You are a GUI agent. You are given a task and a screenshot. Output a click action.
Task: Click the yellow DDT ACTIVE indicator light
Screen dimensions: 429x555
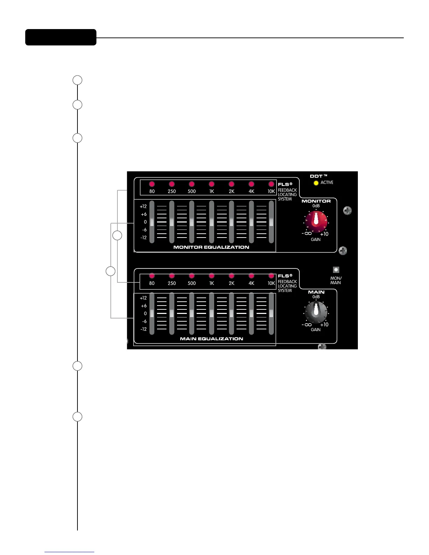coord(316,183)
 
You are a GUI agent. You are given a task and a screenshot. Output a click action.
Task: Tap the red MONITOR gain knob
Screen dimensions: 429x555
coord(316,221)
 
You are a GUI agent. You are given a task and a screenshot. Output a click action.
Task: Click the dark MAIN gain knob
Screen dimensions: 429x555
coord(316,311)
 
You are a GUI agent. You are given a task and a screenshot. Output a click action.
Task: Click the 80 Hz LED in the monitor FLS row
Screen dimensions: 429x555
coord(152,184)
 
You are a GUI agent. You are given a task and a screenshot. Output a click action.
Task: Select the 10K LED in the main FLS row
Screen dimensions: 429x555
coord(271,276)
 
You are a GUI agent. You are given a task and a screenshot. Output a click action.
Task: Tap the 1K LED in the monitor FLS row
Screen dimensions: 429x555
coord(211,184)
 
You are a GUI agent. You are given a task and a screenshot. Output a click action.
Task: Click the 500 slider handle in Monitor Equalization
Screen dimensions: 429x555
coord(192,222)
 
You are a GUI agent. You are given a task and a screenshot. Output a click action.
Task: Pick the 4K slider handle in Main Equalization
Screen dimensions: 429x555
coord(251,313)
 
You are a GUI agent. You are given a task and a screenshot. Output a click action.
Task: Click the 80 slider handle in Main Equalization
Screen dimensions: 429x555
coord(152,313)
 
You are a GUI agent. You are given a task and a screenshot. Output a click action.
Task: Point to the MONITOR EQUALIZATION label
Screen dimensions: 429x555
coord(211,247)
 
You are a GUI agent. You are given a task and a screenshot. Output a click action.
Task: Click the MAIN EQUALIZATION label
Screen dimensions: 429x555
coord(211,339)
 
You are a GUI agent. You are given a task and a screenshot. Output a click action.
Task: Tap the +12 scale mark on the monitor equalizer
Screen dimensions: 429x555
coord(143,206)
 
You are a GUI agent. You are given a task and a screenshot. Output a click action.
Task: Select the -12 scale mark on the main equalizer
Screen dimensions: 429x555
coord(143,329)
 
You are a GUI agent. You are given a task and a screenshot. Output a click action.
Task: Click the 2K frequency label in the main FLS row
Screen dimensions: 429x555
coord(231,283)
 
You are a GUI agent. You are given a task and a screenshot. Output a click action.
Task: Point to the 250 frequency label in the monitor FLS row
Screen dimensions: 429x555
coord(172,191)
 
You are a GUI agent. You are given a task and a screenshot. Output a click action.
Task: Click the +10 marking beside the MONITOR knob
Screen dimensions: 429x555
coord(324,234)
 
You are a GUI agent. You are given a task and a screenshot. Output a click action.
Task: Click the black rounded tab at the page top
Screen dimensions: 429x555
coord(61,37)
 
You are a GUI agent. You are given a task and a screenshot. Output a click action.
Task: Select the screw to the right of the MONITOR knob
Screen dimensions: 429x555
coord(347,211)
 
